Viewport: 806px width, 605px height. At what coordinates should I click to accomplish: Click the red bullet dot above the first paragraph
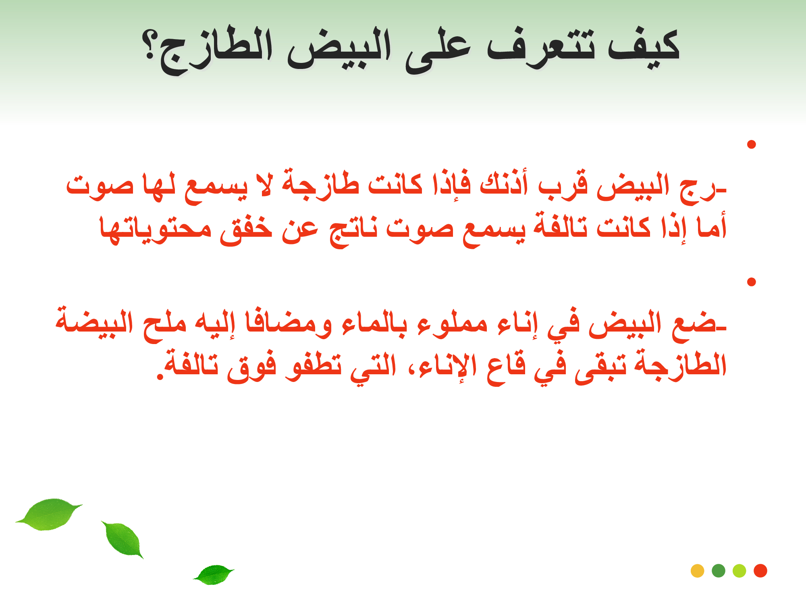tap(751, 144)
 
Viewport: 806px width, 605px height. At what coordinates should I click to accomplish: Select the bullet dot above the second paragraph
tap(751, 282)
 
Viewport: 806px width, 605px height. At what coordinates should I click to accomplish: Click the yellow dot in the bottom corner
tap(697, 571)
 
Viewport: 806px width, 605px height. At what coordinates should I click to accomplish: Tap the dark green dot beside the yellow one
tap(719, 571)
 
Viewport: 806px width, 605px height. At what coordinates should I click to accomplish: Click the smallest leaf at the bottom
tap(214, 574)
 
